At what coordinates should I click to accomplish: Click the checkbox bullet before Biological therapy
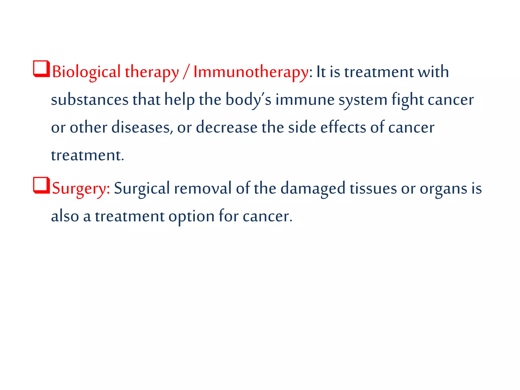(x=41, y=69)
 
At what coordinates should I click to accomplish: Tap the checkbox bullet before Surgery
(x=41, y=185)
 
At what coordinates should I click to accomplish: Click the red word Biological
(x=86, y=72)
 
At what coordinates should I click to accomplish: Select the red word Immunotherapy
(x=251, y=72)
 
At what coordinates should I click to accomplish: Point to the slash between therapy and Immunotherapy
(x=186, y=72)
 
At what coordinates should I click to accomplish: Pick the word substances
(x=90, y=100)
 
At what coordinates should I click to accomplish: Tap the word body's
(x=248, y=100)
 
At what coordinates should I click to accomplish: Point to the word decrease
(x=226, y=127)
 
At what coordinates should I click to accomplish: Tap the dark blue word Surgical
(x=142, y=189)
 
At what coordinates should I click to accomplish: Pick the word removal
(x=203, y=189)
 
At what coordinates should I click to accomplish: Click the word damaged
(x=313, y=189)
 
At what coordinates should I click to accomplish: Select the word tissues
(x=373, y=189)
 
